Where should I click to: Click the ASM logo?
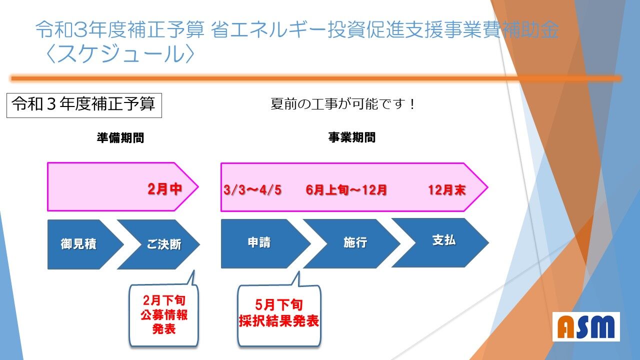coord(586,327)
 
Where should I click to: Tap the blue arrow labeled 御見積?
coord(83,244)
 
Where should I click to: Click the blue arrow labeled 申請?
coord(263,243)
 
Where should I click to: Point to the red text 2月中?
coord(165,189)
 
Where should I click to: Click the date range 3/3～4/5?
coord(252,190)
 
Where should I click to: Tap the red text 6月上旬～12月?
coord(346,190)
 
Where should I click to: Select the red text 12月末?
coord(447,190)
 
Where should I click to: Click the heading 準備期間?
coord(120,137)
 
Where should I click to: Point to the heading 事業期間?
coord(351,137)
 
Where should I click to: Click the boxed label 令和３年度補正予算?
coord(84,105)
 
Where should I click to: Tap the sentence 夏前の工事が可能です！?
coord(343,103)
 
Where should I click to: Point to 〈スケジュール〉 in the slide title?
coord(120,53)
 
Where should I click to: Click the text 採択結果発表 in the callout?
coord(279,320)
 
